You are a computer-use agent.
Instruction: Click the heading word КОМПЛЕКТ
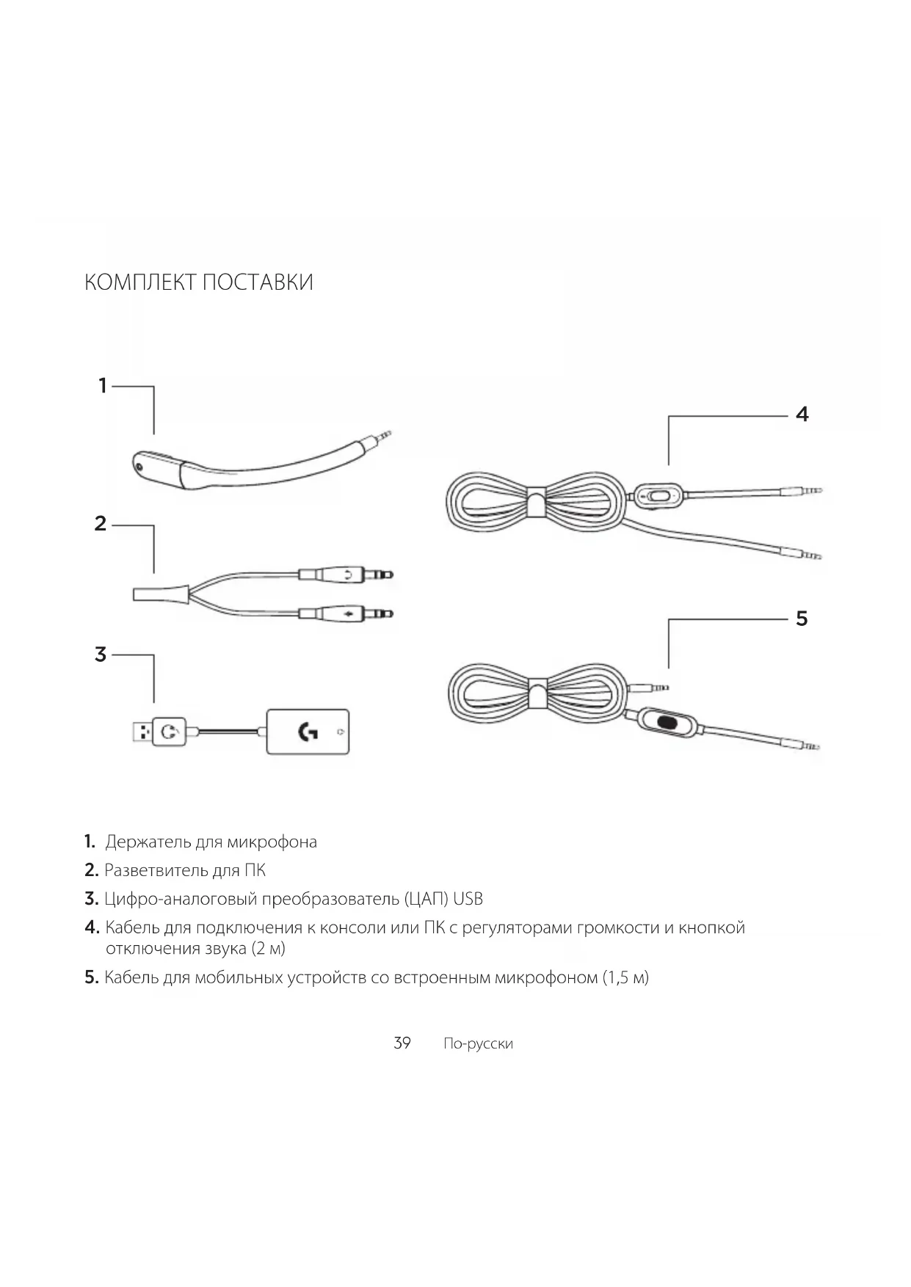pyautogui.click(x=139, y=282)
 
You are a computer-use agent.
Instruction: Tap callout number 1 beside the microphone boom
pyautogui.click(x=104, y=385)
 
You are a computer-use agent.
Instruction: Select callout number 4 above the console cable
pyautogui.click(x=802, y=415)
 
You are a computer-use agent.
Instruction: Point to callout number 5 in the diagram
pyautogui.click(x=802, y=619)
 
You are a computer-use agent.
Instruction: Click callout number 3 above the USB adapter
pyautogui.click(x=101, y=654)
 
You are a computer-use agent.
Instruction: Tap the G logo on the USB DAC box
pyautogui.click(x=308, y=732)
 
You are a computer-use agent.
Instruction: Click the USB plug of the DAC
pyautogui.click(x=141, y=732)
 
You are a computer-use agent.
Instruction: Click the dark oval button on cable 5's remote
pyautogui.click(x=667, y=722)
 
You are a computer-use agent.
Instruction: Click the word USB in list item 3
pyautogui.click(x=468, y=899)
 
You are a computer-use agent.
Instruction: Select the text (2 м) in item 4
pyautogui.click(x=268, y=949)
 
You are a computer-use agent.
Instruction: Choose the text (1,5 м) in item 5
pyautogui.click(x=625, y=977)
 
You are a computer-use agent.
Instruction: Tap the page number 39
pyautogui.click(x=402, y=1043)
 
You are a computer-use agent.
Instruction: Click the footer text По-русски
pyautogui.click(x=478, y=1043)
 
